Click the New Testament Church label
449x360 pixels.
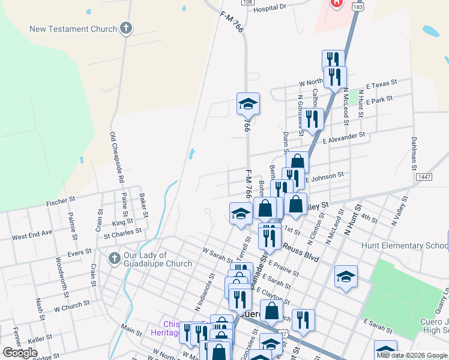pos(73,29)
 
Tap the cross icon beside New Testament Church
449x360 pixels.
pos(126,28)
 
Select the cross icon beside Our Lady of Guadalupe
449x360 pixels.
pos(114,259)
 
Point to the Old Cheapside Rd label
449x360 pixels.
pos(116,158)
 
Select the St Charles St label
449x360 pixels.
pos(122,230)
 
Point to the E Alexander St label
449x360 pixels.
pos(344,139)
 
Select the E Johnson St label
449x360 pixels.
pos(324,177)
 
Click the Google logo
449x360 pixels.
pos(20,353)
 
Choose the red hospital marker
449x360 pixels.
pos(337,2)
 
